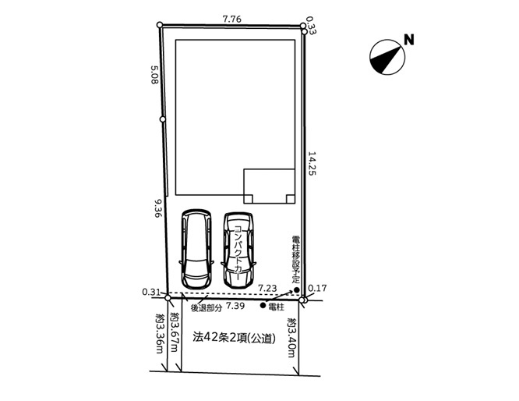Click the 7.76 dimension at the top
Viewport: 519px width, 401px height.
coord(231,20)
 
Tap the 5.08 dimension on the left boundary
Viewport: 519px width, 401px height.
coord(154,75)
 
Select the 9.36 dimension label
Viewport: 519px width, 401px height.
coord(157,208)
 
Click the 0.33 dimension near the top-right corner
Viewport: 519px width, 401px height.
coord(311,26)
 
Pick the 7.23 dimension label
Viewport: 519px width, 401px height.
coord(267,289)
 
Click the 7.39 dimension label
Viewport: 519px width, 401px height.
coord(235,306)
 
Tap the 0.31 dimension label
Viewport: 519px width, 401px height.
coord(151,292)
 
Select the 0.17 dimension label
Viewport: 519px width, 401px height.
coord(317,289)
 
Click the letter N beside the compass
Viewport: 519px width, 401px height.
coord(409,40)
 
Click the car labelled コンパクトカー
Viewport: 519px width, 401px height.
coord(238,250)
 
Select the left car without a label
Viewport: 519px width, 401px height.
coord(196,249)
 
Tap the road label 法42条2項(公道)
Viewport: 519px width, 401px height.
coord(235,338)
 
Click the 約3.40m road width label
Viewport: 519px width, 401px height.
coord(291,338)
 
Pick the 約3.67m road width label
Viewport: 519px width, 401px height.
coord(174,332)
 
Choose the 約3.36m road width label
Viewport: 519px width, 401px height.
coord(160,334)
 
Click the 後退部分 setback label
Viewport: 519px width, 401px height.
coord(207,308)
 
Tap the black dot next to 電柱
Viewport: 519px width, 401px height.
coord(263,306)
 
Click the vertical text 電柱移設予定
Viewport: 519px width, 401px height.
coord(295,259)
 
